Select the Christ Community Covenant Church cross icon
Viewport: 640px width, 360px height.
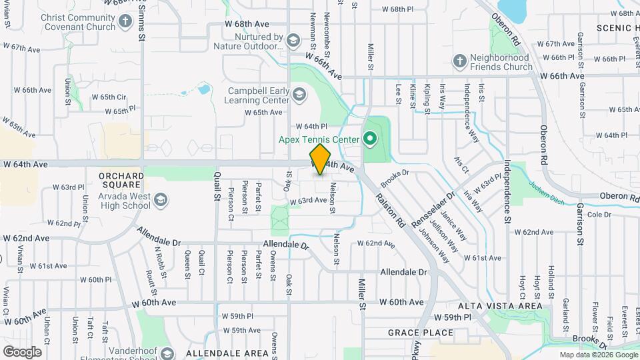click(x=125, y=22)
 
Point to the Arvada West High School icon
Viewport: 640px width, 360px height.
click(x=160, y=199)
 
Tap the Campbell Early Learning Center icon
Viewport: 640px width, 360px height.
click(x=299, y=96)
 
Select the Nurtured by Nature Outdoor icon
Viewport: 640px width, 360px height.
click(x=292, y=41)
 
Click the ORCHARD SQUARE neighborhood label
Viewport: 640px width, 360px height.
click(x=121, y=176)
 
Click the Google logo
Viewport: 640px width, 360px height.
click(x=22, y=351)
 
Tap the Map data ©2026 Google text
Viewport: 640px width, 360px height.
click(x=598, y=355)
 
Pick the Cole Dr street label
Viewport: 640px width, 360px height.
click(x=599, y=215)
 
